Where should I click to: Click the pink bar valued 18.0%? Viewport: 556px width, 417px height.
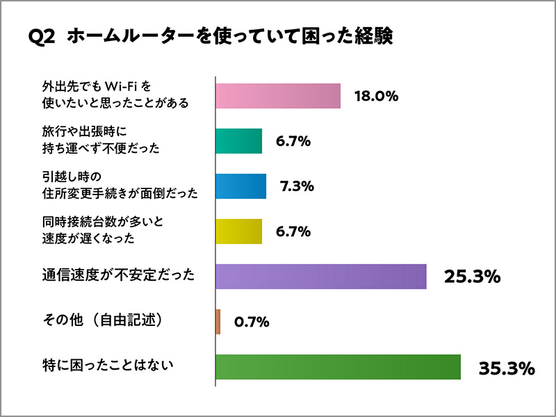point(278,96)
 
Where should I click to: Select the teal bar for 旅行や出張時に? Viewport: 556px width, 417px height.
point(239,141)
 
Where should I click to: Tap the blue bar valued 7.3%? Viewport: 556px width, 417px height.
point(241,186)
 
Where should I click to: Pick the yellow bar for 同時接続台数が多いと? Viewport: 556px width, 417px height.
point(239,231)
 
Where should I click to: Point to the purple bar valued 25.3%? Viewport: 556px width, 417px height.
point(321,277)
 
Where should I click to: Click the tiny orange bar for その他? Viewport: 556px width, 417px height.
point(218,322)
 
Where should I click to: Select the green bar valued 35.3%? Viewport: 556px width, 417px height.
point(338,367)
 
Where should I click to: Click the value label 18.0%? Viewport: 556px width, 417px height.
point(376,97)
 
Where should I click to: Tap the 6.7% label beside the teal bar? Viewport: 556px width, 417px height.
point(293,141)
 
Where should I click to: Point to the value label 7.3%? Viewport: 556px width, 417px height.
point(297,186)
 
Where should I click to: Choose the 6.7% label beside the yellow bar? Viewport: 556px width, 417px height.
point(293,231)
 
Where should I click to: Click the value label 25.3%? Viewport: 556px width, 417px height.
point(473,277)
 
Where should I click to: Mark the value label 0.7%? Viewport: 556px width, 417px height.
point(252,322)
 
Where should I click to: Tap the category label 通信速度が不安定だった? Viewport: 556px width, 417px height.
point(115,275)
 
